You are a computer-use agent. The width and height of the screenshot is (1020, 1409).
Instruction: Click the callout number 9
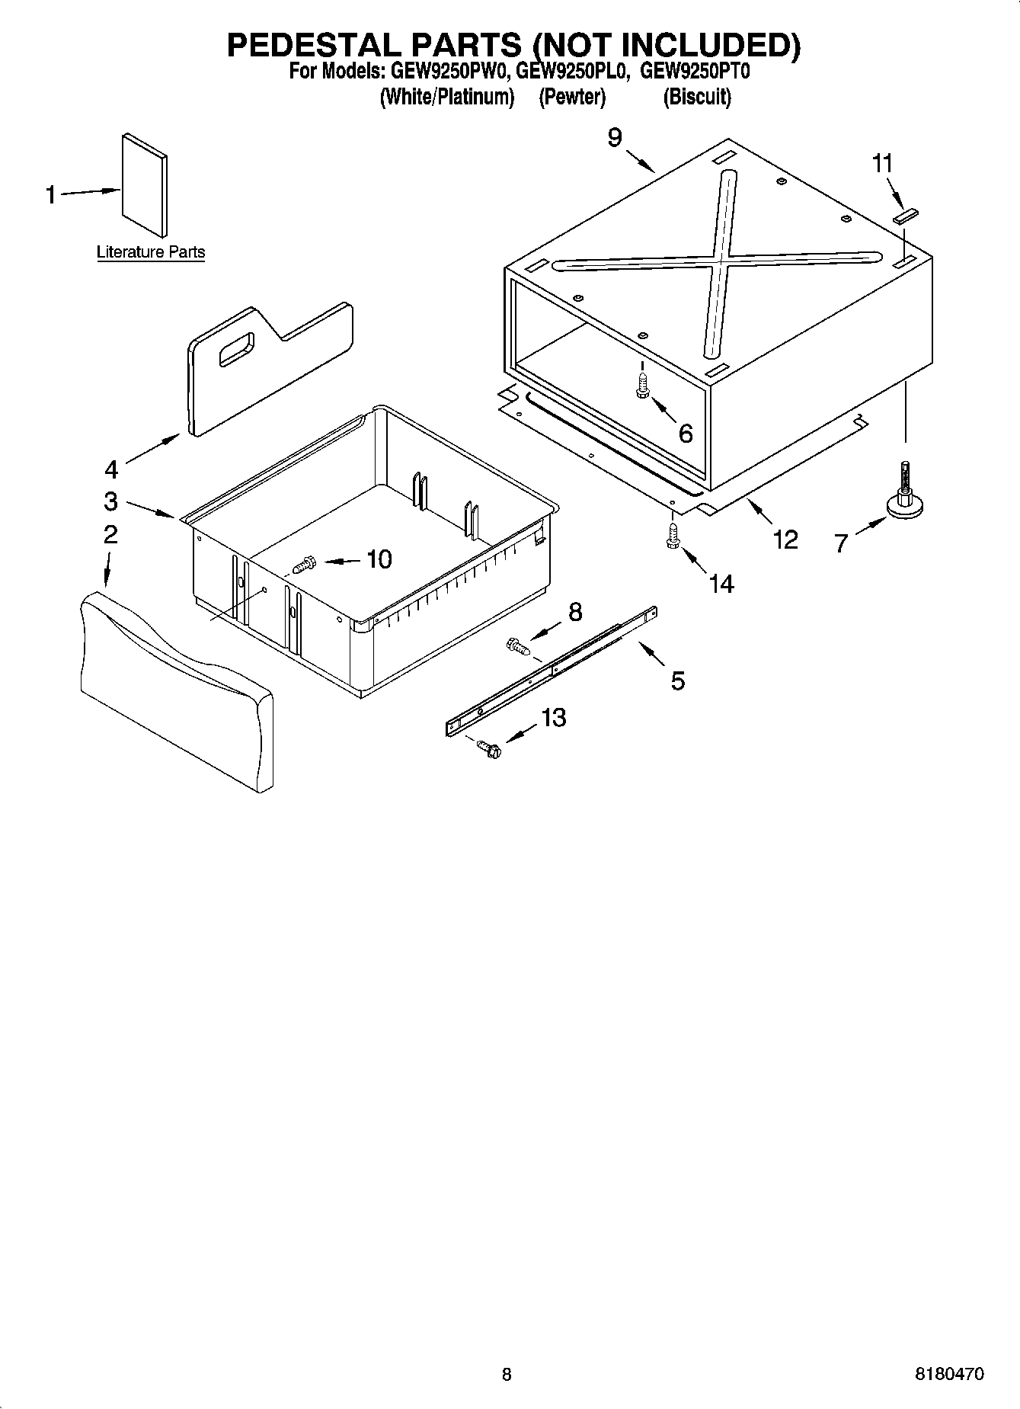(x=615, y=137)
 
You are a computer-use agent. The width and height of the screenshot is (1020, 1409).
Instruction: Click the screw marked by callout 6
(x=642, y=387)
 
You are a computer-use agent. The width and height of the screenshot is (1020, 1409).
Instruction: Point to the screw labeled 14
(x=673, y=535)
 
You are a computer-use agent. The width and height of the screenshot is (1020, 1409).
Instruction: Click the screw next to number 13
(x=488, y=750)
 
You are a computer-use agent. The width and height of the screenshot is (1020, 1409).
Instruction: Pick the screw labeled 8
(x=517, y=648)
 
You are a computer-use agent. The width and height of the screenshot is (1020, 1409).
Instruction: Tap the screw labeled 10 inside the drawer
(x=304, y=565)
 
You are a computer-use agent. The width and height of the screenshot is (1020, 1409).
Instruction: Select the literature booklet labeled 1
(x=145, y=185)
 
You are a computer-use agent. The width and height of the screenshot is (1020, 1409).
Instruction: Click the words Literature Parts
(x=151, y=252)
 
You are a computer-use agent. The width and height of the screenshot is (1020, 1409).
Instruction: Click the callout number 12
(x=785, y=539)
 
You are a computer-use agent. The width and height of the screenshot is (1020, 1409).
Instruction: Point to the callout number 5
(x=677, y=680)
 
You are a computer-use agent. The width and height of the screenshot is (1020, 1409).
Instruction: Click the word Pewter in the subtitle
(x=572, y=98)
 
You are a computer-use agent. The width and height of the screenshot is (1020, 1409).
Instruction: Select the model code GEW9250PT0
(x=695, y=72)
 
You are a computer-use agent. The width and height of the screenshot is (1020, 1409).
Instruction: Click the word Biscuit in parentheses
(x=696, y=98)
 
